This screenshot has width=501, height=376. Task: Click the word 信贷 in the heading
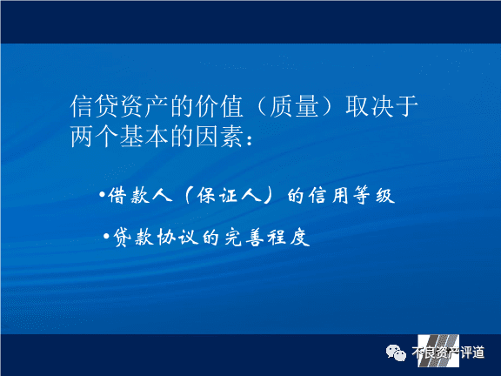(94, 106)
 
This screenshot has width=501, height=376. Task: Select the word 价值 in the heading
(219, 106)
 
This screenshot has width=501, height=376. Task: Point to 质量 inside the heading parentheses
(294, 106)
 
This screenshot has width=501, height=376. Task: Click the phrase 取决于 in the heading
(382, 106)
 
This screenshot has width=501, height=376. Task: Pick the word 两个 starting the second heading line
(94, 136)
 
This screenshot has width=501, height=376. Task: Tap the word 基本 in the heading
(144, 136)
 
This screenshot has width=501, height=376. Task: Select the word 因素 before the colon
(219, 136)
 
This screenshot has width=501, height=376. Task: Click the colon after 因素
(250, 140)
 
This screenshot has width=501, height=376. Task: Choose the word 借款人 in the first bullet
(140, 195)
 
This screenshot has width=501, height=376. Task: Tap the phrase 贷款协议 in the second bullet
(156, 238)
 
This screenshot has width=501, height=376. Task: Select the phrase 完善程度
(267, 238)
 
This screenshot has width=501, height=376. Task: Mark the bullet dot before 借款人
(103, 194)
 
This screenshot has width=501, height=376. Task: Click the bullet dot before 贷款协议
(107, 236)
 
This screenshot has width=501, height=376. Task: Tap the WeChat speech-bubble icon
(396, 352)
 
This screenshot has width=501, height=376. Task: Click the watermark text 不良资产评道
(448, 352)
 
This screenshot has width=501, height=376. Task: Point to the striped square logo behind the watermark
(438, 351)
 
